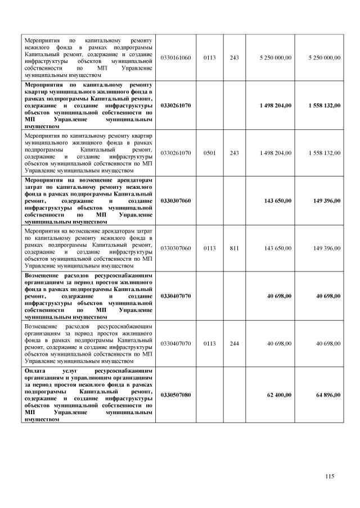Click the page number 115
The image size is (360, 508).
[330, 477]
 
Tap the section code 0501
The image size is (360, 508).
[209, 153]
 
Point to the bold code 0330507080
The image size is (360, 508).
[175, 395]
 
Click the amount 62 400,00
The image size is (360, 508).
[279, 395]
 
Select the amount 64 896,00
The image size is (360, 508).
[328, 395]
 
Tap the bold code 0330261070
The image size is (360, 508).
[175, 105]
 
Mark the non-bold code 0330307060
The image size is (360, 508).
[175, 248]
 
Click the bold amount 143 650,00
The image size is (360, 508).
[278, 200]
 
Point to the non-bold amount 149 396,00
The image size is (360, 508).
[327, 248]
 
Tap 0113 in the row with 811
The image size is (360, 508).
[209, 248]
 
